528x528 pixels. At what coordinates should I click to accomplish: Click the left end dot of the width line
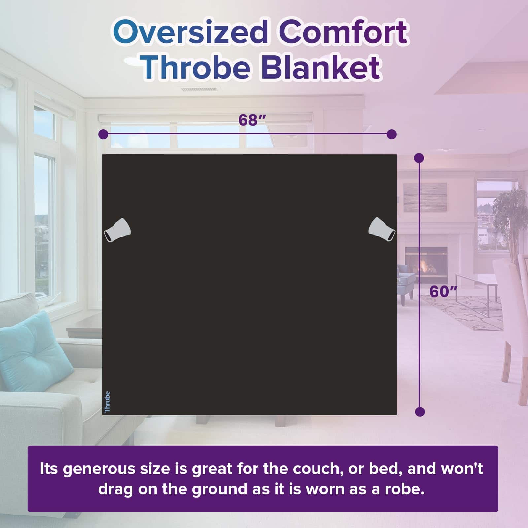pos(103,134)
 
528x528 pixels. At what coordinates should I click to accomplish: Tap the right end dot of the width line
pos(391,134)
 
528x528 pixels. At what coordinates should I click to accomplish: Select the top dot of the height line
pos(419,158)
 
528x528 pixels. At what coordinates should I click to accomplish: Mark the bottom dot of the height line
pos(420,412)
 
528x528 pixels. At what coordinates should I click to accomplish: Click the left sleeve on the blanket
pos(117,230)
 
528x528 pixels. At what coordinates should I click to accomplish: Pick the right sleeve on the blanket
pos(382,230)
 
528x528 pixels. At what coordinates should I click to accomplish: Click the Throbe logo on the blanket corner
pos(107,402)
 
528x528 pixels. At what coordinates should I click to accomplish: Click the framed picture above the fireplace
pos(425,197)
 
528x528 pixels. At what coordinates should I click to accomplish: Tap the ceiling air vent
pos(199,90)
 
